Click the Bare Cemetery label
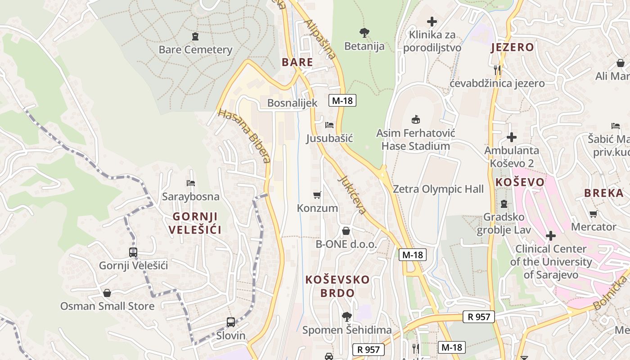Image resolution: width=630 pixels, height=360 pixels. [x=195, y=49]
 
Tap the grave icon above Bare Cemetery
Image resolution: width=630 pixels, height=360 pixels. [x=195, y=36]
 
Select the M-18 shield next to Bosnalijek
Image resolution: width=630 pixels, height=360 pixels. [x=342, y=101]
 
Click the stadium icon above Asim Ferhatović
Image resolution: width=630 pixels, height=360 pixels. [x=416, y=120]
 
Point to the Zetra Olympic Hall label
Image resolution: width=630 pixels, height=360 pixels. [x=438, y=189]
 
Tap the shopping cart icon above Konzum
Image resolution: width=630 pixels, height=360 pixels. [x=317, y=195]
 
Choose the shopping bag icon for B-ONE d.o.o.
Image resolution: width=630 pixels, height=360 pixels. [x=346, y=231]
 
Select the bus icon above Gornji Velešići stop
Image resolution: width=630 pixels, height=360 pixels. [x=133, y=252]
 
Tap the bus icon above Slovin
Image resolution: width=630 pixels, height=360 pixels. [x=231, y=322]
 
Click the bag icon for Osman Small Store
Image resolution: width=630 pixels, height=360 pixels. [x=107, y=293]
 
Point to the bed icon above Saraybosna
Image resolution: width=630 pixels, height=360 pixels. [x=191, y=183]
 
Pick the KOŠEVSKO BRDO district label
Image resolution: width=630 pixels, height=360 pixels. [x=337, y=286]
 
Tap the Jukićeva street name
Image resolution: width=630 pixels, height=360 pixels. [x=352, y=194]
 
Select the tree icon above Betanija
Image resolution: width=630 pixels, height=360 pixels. [x=364, y=32]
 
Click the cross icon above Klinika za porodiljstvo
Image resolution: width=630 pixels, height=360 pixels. [x=432, y=21]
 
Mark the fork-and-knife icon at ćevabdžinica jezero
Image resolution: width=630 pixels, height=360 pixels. [x=497, y=70]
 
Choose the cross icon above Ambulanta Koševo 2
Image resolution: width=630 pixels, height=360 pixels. [x=512, y=137]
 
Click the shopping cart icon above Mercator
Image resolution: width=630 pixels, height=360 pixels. [x=594, y=214]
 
